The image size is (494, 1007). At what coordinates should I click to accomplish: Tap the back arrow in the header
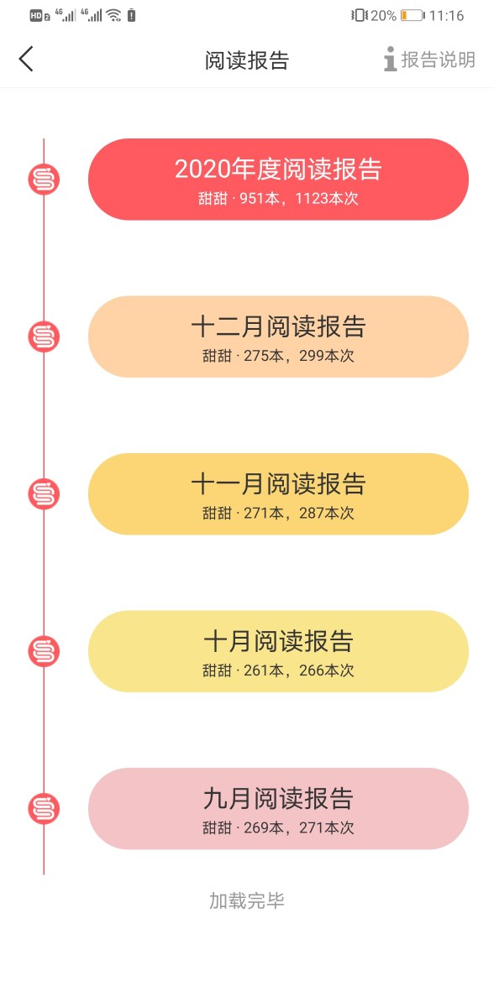click(x=26, y=59)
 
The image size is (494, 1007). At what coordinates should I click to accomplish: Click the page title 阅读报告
click(x=246, y=60)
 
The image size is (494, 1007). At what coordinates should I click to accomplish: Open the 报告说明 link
click(x=438, y=60)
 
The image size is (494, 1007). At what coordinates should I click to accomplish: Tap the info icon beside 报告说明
click(x=390, y=59)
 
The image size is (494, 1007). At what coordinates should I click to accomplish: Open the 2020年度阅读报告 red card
click(x=278, y=180)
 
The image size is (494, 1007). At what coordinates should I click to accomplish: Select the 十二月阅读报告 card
click(x=278, y=337)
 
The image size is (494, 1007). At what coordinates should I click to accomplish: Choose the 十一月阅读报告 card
click(x=278, y=494)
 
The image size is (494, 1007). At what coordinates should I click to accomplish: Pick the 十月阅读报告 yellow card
click(x=278, y=651)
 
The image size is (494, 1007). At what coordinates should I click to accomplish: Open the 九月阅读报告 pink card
click(x=278, y=809)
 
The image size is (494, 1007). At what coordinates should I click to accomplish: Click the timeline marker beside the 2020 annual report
click(x=44, y=180)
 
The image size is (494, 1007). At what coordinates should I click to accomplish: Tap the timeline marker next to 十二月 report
click(x=44, y=337)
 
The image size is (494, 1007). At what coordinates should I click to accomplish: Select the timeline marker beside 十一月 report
click(x=44, y=494)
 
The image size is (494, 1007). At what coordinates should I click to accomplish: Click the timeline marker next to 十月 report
click(x=44, y=651)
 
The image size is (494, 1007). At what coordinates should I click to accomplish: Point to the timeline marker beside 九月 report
click(x=44, y=809)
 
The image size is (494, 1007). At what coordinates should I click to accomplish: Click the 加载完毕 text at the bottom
click(x=246, y=900)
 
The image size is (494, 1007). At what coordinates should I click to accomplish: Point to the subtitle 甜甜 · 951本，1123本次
click(x=278, y=198)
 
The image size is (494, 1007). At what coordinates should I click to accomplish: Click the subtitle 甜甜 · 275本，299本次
click(x=278, y=356)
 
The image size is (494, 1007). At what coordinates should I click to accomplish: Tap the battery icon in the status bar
click(x=413, y=16)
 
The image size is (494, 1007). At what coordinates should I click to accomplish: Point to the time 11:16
click(x=446, y=16)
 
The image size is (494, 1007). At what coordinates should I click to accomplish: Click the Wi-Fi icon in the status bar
click(x=113, y=15)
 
